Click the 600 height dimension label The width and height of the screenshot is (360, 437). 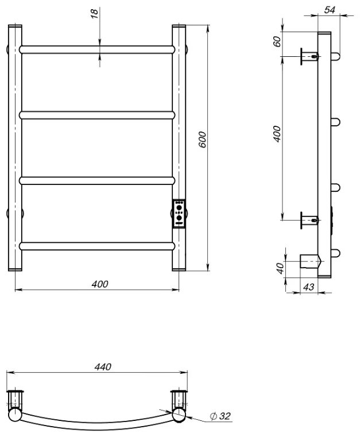click(202, 140)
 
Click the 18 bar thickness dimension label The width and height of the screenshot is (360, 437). click(94, 13)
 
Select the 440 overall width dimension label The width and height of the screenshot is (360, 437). click(103, 367)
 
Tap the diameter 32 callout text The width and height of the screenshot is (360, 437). click(220, 416)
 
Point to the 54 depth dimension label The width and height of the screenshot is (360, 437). click(330, 10)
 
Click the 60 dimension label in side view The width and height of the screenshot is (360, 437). click(277, 42)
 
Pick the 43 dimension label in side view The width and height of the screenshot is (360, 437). click(308, 287)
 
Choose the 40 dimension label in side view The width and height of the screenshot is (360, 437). click(280, 268)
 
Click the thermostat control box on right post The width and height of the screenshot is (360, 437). click(179, 214)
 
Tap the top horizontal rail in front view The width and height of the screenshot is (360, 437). click(97, 49)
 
